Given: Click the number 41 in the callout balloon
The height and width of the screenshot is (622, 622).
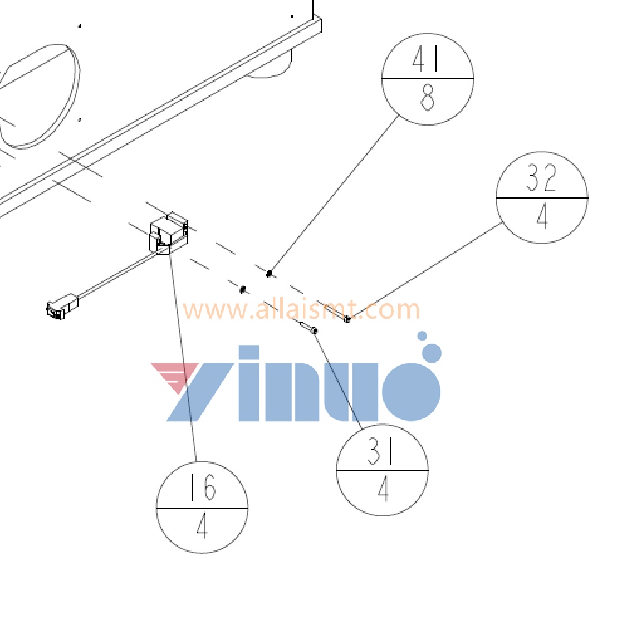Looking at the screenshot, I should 427,60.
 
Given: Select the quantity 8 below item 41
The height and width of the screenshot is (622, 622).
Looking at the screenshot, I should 427,99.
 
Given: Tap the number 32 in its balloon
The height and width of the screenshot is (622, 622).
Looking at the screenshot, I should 542,179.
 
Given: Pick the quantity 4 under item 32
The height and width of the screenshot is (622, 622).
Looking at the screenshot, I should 542,217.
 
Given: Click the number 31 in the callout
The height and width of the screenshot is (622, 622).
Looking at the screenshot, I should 382,452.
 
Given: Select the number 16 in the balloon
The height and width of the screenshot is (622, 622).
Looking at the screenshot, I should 202,488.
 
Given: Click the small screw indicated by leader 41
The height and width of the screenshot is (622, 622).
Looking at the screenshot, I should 269,273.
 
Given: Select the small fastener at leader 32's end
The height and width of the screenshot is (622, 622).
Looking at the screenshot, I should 347,319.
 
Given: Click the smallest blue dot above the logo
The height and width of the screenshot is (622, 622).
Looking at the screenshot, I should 422,336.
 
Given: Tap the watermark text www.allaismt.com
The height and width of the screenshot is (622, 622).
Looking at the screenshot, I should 302,310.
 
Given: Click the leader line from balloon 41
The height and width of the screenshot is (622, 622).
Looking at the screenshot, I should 333,195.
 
